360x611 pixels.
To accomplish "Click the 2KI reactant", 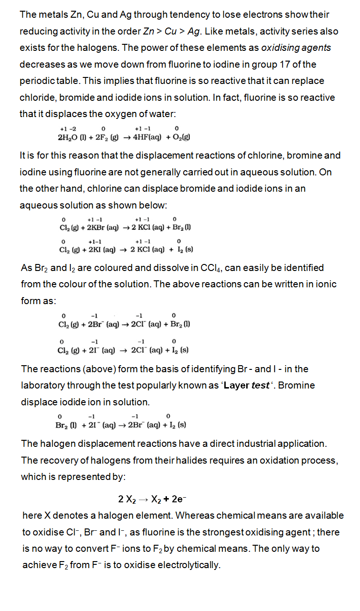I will (x=90, y=250).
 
